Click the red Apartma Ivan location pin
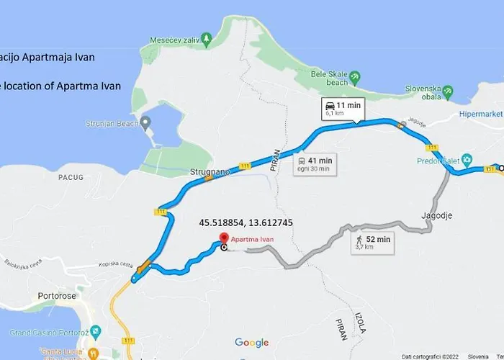(x=223, y=240)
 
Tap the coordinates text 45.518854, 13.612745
(x=246, y=222)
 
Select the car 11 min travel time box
(x=343, y=109)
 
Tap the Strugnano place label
(x=209, y=173)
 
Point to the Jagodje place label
(x=437, y=215)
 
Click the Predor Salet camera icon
(x=467, y=158)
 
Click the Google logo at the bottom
(x=251, y=343)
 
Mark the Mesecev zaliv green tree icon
(x=206, y=37)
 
